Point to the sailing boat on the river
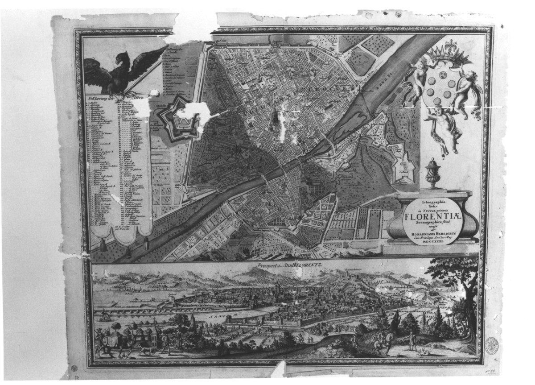tap(104, 315)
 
